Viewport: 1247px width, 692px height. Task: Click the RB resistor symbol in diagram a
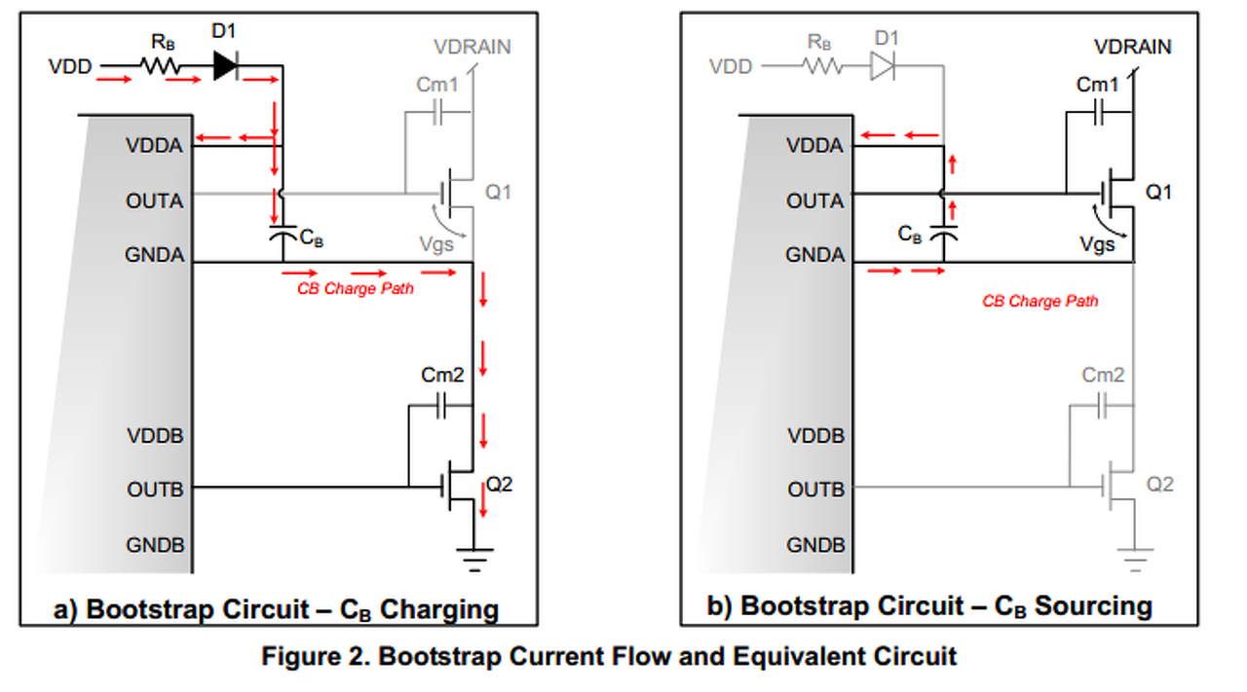coord(160,66)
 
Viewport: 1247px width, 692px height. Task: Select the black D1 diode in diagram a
coord(225,66)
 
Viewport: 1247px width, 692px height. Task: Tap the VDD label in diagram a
coord(70,67)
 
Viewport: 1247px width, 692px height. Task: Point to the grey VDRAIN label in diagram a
coord(472,47)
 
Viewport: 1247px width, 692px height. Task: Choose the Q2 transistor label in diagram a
coord(498,484)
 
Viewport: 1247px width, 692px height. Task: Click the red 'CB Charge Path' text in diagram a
coord(356,289)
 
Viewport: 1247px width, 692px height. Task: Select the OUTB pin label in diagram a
coord(155,490)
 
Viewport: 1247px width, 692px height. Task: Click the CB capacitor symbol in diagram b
coord(943,235)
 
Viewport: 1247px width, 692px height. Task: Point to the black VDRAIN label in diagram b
coord(1132,47)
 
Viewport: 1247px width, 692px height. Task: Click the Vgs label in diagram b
coord(1098,245)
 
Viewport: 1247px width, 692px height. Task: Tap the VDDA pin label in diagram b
coord(814,146)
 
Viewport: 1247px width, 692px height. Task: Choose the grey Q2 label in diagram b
coord(1159,484)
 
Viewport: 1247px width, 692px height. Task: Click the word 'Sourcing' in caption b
coord(1093,606)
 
